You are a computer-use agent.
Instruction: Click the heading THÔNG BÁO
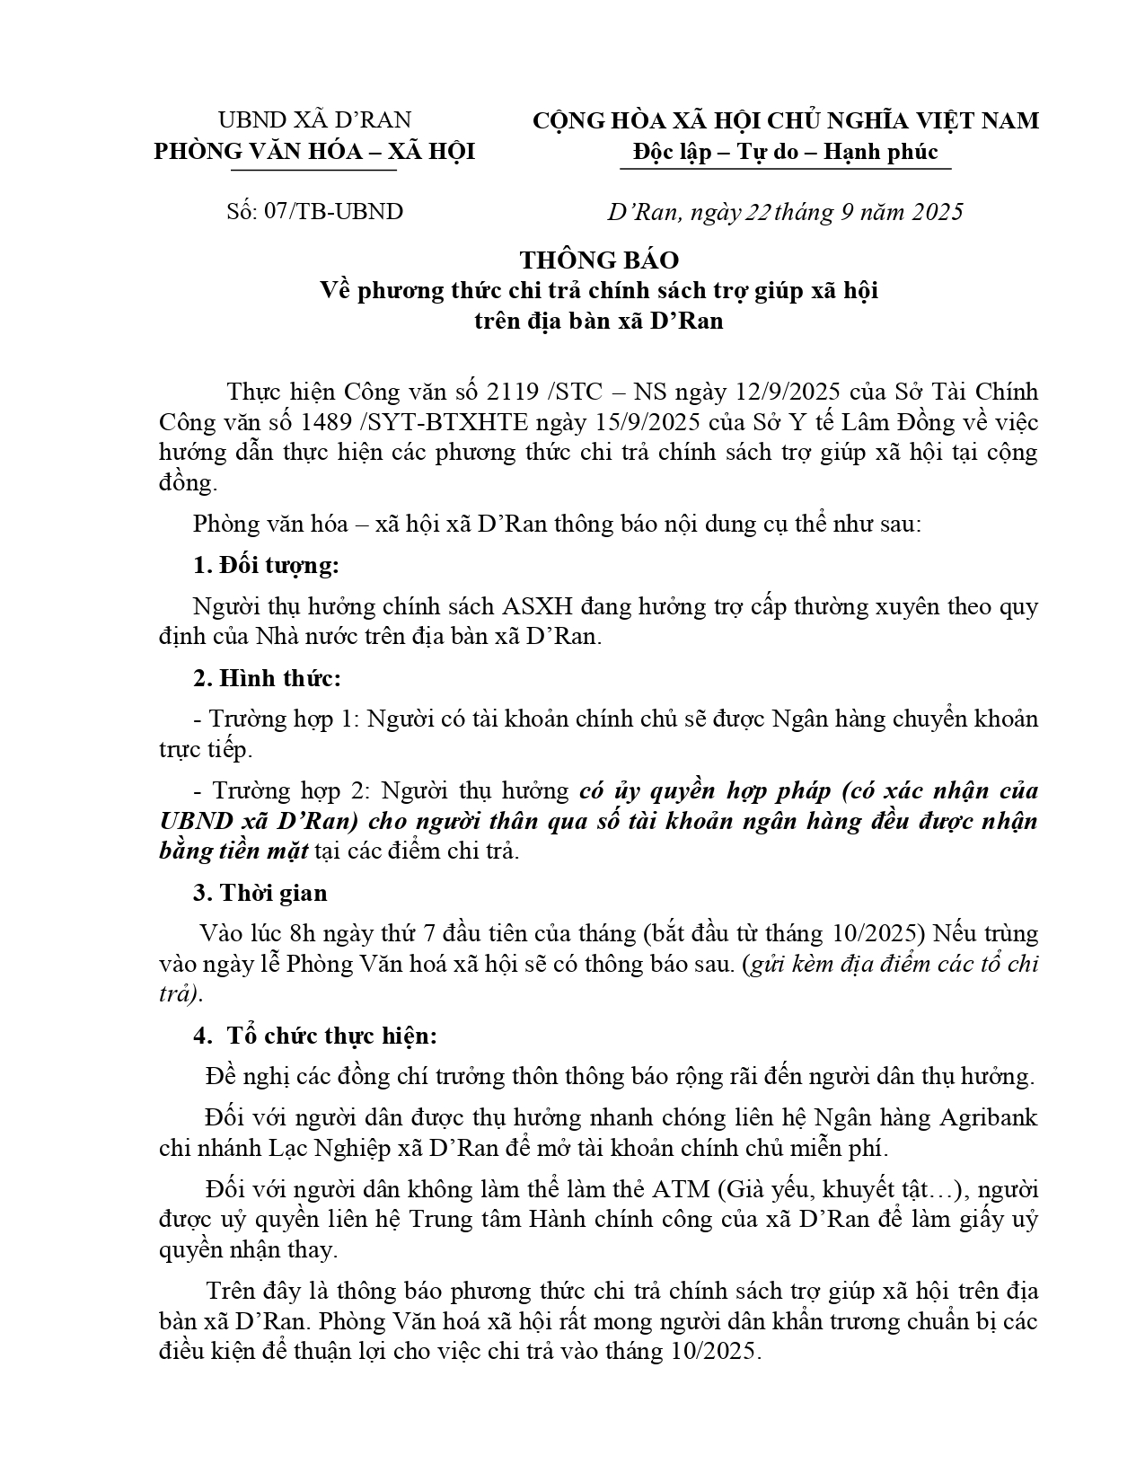tap(599, 260)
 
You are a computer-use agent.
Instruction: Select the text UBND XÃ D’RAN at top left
tap(314, 120)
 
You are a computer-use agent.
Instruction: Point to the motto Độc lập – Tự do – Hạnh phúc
tap(785, 151)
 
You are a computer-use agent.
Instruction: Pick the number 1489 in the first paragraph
tap(352, 422)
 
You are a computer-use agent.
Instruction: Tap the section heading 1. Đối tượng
tap(267, 566)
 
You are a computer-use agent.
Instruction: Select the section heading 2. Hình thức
tap(268, 678)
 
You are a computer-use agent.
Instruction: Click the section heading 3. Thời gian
tap(260, 893)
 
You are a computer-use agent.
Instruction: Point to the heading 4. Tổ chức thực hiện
tap(315, 1036)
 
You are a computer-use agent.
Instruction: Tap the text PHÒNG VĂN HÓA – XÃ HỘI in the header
tap(314, 152)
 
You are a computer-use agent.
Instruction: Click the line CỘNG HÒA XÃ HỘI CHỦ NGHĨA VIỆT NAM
tap(785, 120)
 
